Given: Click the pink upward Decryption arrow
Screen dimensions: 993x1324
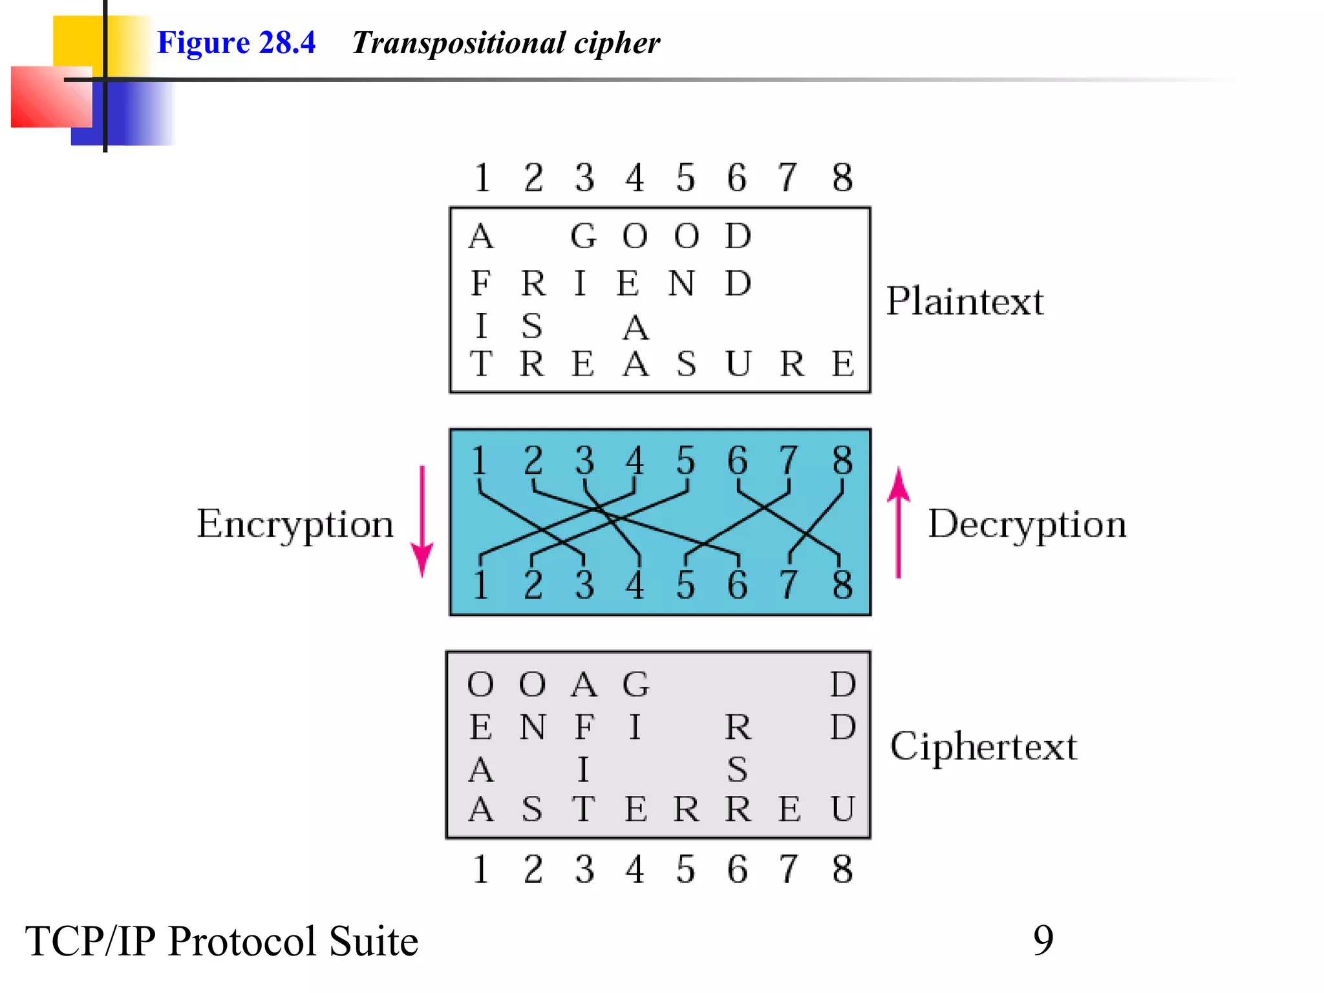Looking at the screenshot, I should [x=898, y=522].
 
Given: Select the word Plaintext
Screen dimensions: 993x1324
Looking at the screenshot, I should [x=964, y=301].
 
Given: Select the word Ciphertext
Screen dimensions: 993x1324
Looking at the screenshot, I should [x=983, y=747].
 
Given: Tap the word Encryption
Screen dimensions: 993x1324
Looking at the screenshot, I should [x=295, y=524].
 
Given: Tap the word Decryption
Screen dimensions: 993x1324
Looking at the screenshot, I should [x=1027, y=524].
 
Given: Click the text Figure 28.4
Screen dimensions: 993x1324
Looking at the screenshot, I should [x=236, y=43].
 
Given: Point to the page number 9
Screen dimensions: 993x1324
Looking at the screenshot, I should [x=1043, y=940].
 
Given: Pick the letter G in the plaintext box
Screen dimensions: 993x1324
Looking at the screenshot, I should [x=583, y=236].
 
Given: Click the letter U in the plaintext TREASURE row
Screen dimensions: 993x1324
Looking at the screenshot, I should [x=738, y=363].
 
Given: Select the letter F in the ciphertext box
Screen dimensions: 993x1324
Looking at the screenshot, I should [x=584, y=727].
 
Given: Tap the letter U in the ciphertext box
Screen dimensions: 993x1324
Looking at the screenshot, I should [x=842, y=809].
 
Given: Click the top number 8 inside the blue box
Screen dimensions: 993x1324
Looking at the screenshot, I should [x=842, y=460].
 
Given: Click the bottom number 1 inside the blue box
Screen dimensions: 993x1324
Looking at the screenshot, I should [x=480, y=584].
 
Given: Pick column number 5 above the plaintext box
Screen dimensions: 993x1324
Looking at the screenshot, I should [x=685, y=178].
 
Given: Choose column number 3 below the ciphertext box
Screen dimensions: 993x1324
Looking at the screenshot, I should [x=584, y=870].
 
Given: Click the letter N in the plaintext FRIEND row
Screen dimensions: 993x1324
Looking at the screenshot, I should [x=681, y=284].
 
